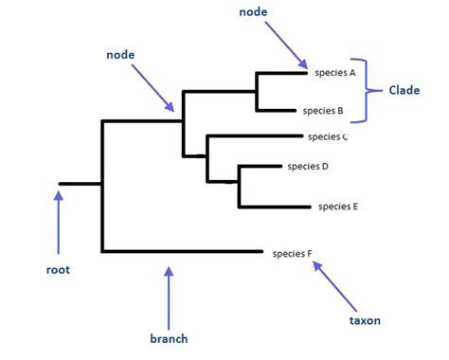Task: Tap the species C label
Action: tap(329, 136)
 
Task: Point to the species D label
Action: tap(306, 167)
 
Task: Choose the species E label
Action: tap(338, 206)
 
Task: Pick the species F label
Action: tap(292, 253)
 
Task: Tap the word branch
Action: tap(169, 338)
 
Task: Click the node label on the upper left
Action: tap(119, 56)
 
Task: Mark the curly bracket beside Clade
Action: tap(373, 90)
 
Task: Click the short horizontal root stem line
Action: tap(80, 183)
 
